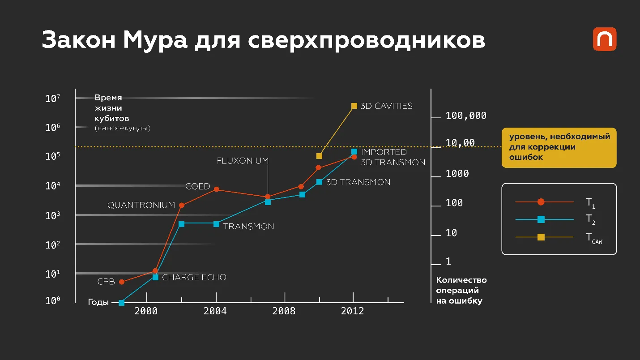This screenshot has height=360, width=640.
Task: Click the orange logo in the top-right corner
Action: [x=605, y=39]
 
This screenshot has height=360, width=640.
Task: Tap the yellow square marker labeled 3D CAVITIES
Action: [x=354, y=106]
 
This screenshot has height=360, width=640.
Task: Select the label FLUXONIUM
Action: [x=243, y=160]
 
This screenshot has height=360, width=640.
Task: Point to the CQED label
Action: [x=198, y=186]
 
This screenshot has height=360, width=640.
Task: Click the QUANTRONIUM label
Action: [x=141, y=205]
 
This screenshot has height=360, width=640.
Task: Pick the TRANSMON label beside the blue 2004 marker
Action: [x=248, y=227]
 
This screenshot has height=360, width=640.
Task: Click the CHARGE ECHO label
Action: [x=194, y=278]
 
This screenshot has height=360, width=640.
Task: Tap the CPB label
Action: [x=106, y=282]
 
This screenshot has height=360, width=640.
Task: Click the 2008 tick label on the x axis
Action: [x=284, y=311]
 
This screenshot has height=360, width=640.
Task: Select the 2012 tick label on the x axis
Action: [x=353, y=311]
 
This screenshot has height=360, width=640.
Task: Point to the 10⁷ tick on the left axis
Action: [x=53, y=99]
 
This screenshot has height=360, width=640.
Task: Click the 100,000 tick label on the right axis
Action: [x=466, y=116]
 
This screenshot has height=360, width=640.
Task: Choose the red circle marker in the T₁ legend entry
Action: [x=541, y=202]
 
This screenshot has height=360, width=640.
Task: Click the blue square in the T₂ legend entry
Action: [x=541, y=219]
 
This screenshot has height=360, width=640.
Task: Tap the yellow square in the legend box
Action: [x=541, y=237]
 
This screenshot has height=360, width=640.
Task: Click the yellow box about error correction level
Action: [x=559, y=147]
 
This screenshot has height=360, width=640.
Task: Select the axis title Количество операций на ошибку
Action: [x=461, y=290]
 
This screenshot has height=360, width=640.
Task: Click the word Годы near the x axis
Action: [x=98, y=302]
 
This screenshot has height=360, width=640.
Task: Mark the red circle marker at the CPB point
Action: [x=121, y=282]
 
